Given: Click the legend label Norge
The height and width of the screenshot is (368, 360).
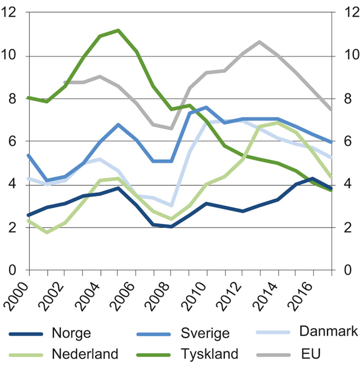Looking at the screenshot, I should (71, 333).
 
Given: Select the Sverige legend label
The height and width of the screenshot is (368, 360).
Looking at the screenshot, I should (205, 333).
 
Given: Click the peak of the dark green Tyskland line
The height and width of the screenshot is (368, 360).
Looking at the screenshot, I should (118, 30).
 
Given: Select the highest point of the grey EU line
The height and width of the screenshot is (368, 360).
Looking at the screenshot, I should (260, 42).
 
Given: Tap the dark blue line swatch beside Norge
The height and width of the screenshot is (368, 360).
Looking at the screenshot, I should (26, 333).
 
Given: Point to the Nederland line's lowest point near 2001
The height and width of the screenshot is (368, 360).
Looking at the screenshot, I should (47, 233).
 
